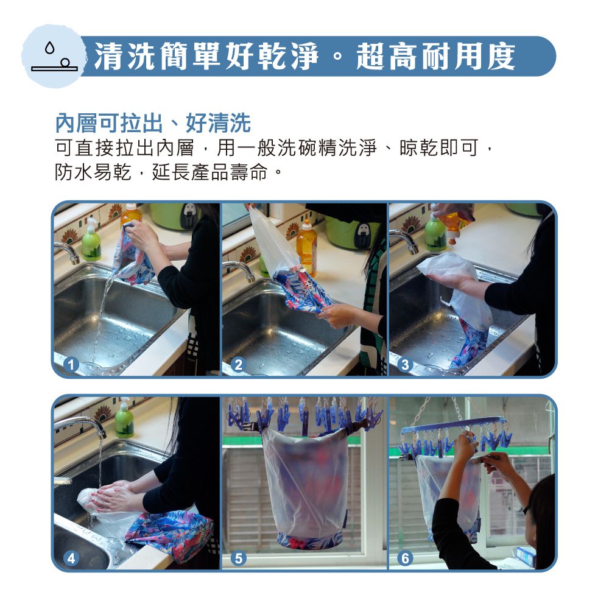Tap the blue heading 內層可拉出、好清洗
153,123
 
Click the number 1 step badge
71,365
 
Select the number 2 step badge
239,365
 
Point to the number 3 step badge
405,365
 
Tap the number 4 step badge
71,558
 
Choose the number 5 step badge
239,558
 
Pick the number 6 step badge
405,558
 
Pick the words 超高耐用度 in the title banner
436,57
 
